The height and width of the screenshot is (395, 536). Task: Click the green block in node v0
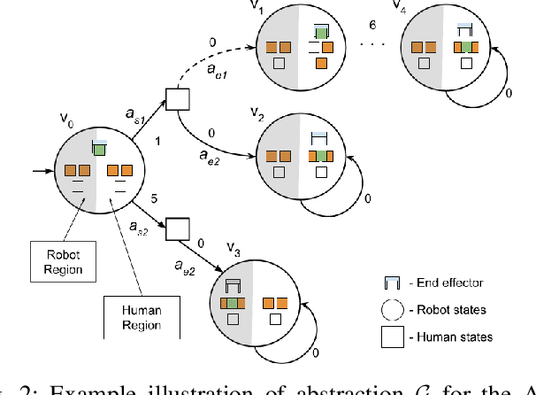pos(100,150)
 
